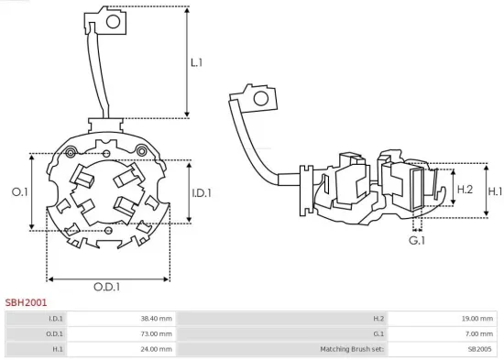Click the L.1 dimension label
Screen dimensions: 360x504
click(x=197, y=63)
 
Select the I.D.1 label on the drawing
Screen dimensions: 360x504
click(x=203, y=192)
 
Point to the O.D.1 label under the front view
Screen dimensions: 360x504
click(x=106, y=287)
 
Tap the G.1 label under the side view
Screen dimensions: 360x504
click(x=417, y=240)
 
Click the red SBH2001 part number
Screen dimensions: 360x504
click(x=27, y=301)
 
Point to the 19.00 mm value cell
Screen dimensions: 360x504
click(x=477, y=319)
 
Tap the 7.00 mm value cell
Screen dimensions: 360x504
click(x=479, y=333)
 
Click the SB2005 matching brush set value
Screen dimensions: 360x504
click(x=481, y=349)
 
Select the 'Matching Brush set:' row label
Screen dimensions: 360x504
click(x=354, y=349)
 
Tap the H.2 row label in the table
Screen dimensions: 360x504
click(x=378, y=319)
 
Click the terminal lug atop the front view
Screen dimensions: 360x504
click(x=104, y=18)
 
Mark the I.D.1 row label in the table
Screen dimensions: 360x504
click(x=56, y=319)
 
